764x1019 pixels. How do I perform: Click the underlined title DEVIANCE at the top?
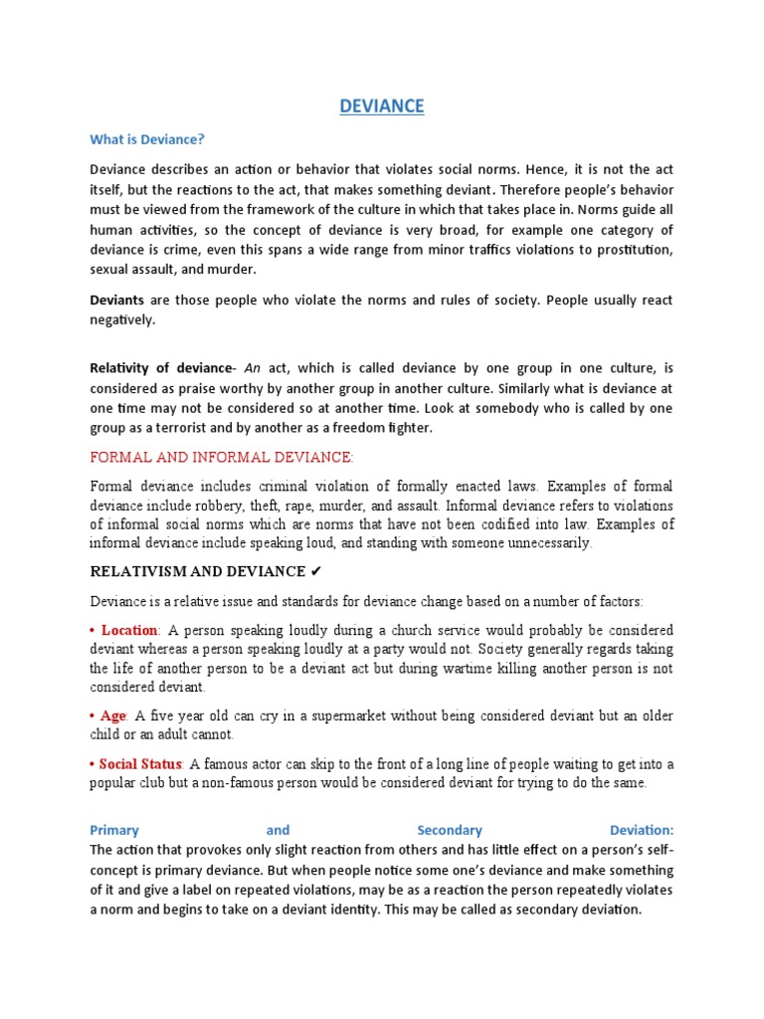382,106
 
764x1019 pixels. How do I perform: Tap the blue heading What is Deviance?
146,139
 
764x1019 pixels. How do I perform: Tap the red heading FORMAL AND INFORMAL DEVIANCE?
222,457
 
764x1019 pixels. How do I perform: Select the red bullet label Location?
129,630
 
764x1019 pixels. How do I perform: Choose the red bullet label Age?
113,715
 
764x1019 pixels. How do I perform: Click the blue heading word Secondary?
450,830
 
